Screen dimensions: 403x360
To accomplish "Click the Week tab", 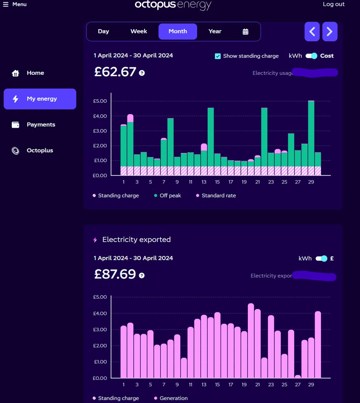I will [x=138, y=31].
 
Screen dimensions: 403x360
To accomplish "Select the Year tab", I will [x=215, y=31].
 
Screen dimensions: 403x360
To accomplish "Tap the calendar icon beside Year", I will [x=246, y=32].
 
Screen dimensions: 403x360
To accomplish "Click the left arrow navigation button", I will [x=312, y=31].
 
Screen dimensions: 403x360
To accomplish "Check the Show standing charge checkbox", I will [x=218, y=56].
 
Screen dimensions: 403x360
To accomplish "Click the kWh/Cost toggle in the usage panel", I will [x=311, y=56].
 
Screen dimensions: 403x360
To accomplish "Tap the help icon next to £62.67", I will [x=142, y=73].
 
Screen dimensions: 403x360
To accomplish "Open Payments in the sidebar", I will [x=41, y=125].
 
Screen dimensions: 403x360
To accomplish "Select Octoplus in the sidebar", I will [x=39, y=150].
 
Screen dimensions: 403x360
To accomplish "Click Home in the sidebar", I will [x=35, y=73].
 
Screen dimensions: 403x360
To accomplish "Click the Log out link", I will [x=333, y=4].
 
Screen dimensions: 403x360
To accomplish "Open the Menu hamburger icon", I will [x=6, y=4].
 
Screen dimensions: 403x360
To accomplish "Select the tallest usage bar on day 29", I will [x=311, y=134].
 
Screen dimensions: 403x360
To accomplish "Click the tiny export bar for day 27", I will [x=298, y=376].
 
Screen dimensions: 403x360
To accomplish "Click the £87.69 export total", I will [x=115, y=274].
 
